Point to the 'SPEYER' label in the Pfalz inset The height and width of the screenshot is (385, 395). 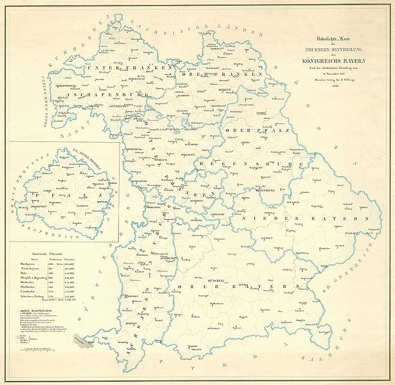tap(100, 200)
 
